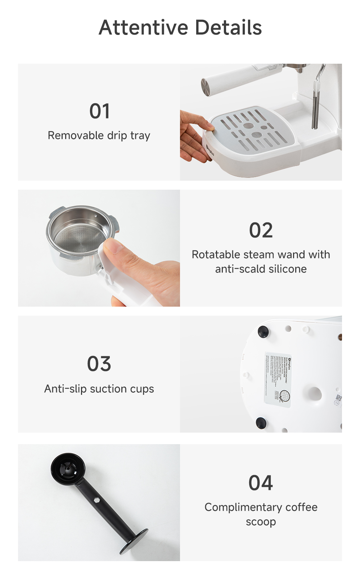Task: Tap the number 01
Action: pyautogui.click(x=99, y=111)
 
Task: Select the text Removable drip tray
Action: pyautogui.click(x=99, y=136)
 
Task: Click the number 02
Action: pyautogui.click(x=261, y=230)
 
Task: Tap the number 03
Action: pyautogui.click(x=99, y=364)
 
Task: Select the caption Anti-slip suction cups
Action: pyautogui.click(x=99, y=389)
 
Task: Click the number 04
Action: pyautogui.click(x=261, y=483)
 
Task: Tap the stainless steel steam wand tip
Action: pyautogui.click(x=315, y=115)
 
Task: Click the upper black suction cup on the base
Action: pyautogui.click(x=263, y=331)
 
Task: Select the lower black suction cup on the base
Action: pyautogui.click(x=261, y=423)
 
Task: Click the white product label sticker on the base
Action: pyautogui.click(x=278, y=380)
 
